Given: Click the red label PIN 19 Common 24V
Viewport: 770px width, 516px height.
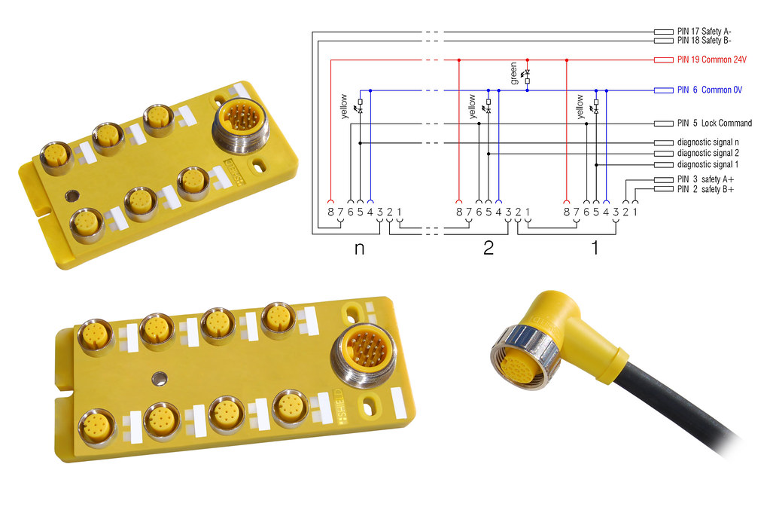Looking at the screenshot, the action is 711,60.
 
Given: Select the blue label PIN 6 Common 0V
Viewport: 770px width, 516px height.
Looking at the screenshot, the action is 710,90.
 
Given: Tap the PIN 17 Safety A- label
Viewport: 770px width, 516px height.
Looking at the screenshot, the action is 705,32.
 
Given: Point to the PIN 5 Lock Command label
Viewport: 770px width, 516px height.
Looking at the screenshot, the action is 714,123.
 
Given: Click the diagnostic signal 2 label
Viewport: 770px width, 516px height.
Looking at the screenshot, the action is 708,154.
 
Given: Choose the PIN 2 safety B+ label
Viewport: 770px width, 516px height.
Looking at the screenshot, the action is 706,189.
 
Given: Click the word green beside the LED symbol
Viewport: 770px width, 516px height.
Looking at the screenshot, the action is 513,73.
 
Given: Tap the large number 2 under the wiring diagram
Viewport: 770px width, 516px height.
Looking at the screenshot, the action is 488,248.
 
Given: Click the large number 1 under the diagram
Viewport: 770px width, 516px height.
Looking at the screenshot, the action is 595,248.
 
